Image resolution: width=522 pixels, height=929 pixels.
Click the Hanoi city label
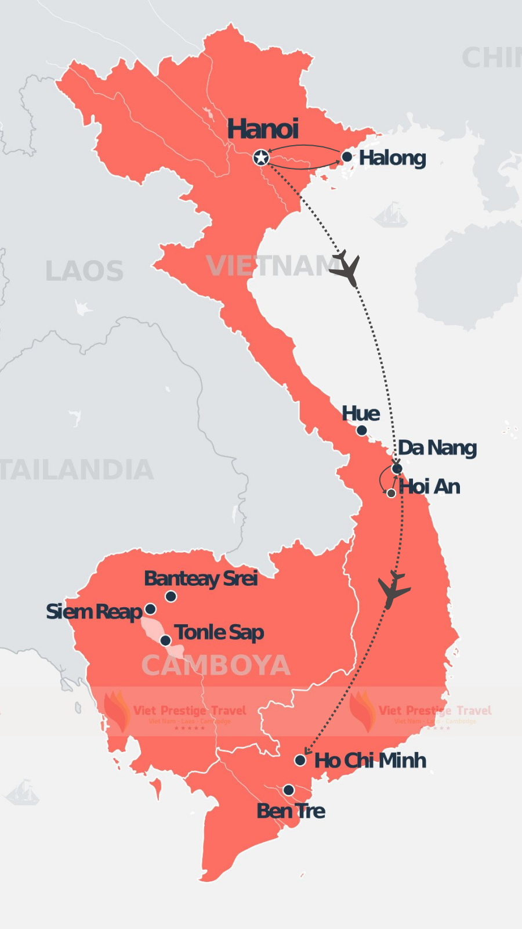[263, 129]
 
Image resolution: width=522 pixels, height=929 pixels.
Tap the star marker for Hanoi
[261, 157]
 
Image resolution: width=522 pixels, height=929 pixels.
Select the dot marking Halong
[347, 157]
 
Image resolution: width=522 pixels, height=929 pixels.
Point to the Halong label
[393, 157]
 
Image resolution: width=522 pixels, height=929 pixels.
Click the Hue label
[361, 413]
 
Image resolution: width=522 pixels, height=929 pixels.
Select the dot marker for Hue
[361, 430]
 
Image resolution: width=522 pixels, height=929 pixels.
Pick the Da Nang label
[437, 448]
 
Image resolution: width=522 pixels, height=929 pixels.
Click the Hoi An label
[430, 487]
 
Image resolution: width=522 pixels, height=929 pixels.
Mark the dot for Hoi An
[391, 493]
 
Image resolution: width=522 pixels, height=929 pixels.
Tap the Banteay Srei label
[201, 578]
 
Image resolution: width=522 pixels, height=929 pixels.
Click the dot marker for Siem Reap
[150, 609]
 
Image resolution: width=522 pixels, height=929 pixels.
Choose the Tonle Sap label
[219, 632]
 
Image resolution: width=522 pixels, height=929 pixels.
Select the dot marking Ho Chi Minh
[300, 760]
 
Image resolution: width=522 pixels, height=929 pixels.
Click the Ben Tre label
[291, 811]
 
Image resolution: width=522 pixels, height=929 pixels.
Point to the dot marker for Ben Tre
[288, 790]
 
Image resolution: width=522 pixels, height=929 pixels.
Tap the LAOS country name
[84, 271]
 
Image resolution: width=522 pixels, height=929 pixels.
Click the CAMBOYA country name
[215, 665]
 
